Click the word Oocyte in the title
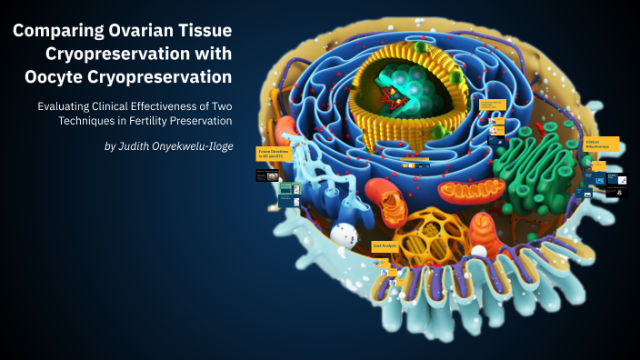(x=58, y=75)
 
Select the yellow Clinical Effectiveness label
(x=601, y=144)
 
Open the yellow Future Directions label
(x=274, y=155)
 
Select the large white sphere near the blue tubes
(x=344, y=235)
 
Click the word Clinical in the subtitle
(x=132, y=105)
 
